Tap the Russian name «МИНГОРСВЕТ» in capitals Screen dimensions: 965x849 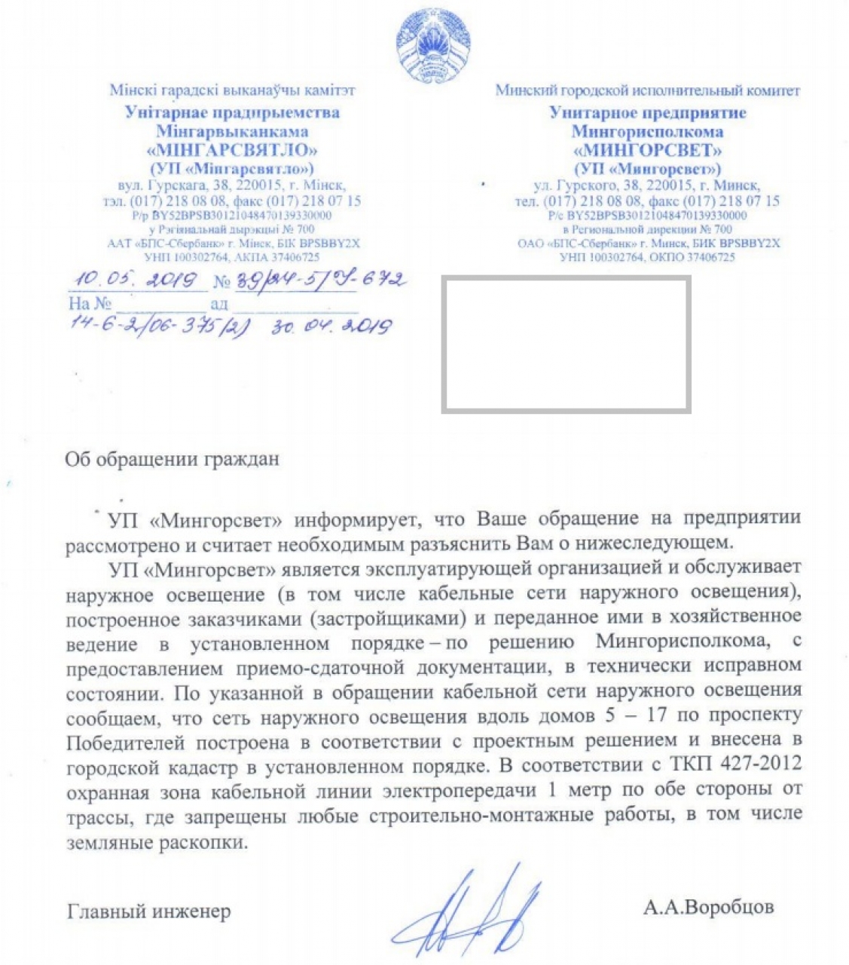click(647, 150)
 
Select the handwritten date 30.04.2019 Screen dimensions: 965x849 click(332, 327)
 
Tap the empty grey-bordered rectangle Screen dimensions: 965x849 click(566, 344)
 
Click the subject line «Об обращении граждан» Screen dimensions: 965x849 click(172, 459)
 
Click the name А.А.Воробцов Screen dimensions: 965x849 click(708, 907)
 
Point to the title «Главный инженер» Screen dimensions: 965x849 click(149, 911)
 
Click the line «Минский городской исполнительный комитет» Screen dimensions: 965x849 click(647, 90)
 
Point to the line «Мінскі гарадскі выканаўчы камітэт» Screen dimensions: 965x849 click(232, 90)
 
